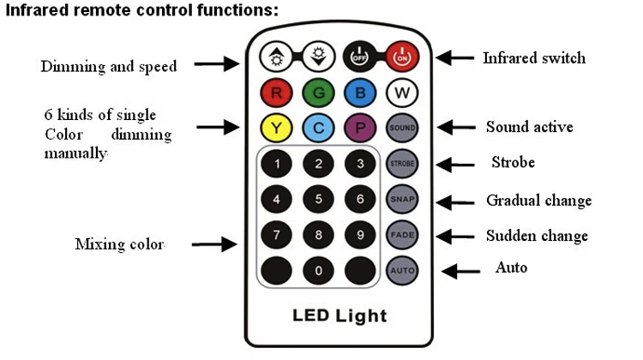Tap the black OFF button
(360, 58)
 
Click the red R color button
(276, 93)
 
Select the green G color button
(318, 93)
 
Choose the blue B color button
(360, 93)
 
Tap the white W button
(401, 93)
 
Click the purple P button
(360, 129)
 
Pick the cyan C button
(318, 129)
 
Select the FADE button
(401, 234)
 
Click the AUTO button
(401, 270)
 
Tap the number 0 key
(318, 270)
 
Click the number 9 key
(360, 234)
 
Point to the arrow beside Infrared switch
(455, 58)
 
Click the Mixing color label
(119, 244)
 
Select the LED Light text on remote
(340, 315)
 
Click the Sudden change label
(537, 236)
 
